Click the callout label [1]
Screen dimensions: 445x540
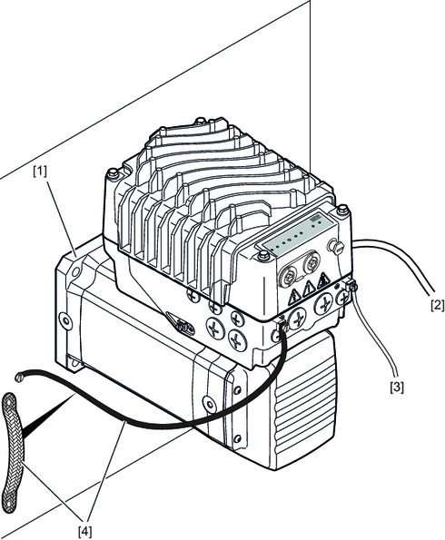pyautogui.click(x=40, y=172)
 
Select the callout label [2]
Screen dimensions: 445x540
pyautogui.click(x=438, y=305)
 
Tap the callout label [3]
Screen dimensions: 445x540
pyautogui.click(x=396, y=388)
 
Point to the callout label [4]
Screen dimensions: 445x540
pyautogui.click(x=84, y=532)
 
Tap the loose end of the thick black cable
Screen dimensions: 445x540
pyautogui.click(x=19, y=378)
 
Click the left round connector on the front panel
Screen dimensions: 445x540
pyautogui.click(x=286, y=274)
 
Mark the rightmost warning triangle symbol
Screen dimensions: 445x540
pyautogui.click(x=323, y=280)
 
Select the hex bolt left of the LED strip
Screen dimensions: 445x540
pyautogui.click(x=263, y=255)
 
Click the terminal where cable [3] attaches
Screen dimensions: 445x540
pyautogui.click(x=352, y=287)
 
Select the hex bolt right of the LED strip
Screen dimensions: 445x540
pyautogui.click(x=342, y=209)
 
